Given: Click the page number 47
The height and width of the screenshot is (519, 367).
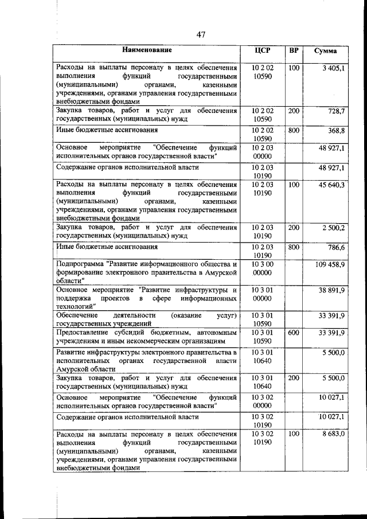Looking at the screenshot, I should coord(200,34).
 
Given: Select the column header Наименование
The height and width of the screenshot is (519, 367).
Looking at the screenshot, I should coord(147,50).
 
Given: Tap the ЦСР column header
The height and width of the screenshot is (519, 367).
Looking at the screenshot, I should coord(262,50).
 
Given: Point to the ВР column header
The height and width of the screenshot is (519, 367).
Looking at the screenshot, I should coord(294,50).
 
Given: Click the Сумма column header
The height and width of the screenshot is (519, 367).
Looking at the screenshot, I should coord(326,51).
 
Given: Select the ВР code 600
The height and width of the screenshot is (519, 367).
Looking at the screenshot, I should coord(294,332).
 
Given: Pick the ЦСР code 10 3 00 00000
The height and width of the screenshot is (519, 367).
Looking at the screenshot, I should coord(262,268).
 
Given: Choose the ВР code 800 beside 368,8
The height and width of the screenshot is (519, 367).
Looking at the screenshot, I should coord(294,131).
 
